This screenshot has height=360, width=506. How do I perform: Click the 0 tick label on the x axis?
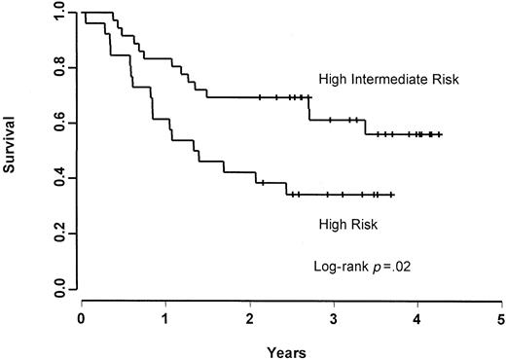[82, 318]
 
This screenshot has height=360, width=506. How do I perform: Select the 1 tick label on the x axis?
[165, 318]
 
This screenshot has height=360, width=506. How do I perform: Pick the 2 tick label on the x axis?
[250, 318]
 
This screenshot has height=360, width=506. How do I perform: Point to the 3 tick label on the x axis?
[334, 318]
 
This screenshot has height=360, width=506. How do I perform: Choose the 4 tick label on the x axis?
[417, 318]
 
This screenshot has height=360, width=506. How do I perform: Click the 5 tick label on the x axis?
[501, 318]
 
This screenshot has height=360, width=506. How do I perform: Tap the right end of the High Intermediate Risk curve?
[442, 134]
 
